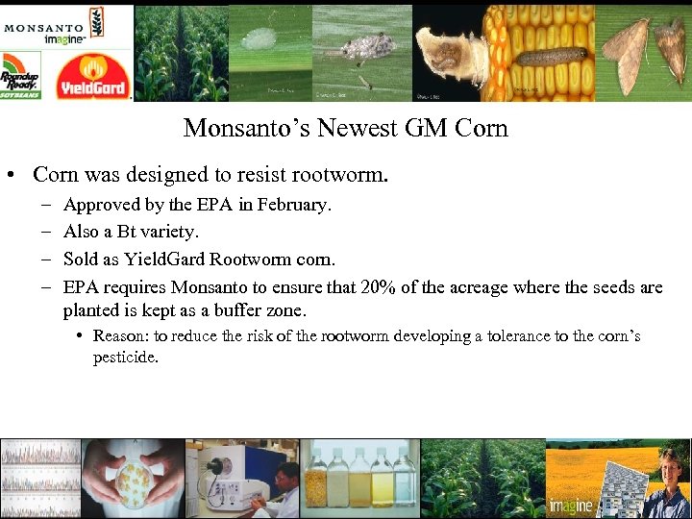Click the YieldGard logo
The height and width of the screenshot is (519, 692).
(93, 76)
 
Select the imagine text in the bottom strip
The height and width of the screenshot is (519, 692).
(570, 506)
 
